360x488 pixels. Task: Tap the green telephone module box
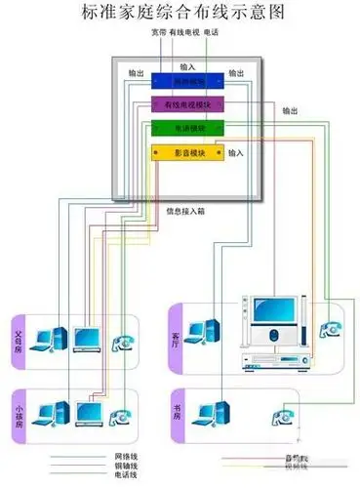coord(188,129)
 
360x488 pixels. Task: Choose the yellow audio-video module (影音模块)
coord(188,153)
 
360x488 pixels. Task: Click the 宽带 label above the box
coord(160,32)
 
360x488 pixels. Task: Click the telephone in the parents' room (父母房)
coord(123,342)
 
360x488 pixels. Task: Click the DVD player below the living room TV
coord(273,362)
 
